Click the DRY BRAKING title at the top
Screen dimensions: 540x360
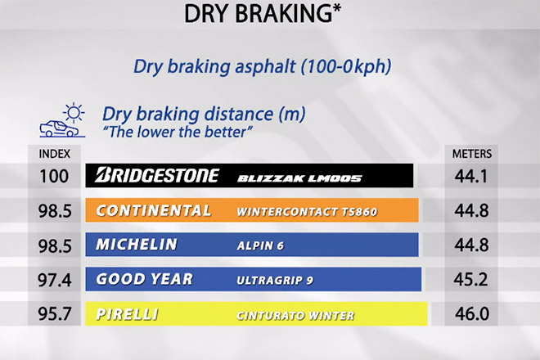coord(263,14)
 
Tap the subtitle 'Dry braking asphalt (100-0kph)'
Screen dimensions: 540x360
coord(263,66)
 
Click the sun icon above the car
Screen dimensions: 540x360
coord(74,112)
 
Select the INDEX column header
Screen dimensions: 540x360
coord(55,154)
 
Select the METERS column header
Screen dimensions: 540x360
coord(472,154)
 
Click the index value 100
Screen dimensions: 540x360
coord(54,176)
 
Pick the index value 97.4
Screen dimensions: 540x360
coord(55,279)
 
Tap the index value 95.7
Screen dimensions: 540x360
coord(55,314)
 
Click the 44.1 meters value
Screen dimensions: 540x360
coord(471,176)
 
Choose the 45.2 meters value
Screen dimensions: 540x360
coord(470,279)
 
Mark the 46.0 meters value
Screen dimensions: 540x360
coord(471,314)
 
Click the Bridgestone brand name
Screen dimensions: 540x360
coord(157,175)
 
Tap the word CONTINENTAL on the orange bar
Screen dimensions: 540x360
coord(154,210)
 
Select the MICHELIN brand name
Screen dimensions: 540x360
coord(137,245)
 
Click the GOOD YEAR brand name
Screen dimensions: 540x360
coord(144,279)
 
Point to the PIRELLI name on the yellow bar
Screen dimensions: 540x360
coord(127,314)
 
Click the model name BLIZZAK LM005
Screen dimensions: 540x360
coord(299,178)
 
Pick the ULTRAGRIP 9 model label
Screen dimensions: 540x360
coord(275,281)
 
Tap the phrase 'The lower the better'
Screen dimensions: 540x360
coord(178,132)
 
